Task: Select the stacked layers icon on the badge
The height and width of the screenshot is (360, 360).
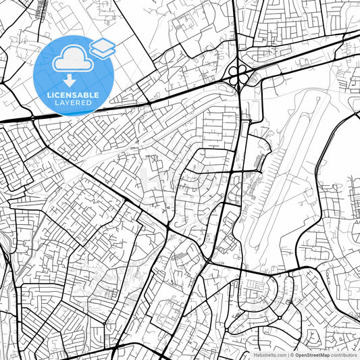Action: [103, 49]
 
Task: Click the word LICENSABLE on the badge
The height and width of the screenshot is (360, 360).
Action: [73, 96]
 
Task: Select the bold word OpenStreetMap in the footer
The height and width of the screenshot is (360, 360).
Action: [311, 355]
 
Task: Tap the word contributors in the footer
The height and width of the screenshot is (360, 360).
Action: [342, 355]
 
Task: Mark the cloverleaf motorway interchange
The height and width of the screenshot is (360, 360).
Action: [238, 76]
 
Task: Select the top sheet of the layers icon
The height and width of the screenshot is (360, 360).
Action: [103, 45]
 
